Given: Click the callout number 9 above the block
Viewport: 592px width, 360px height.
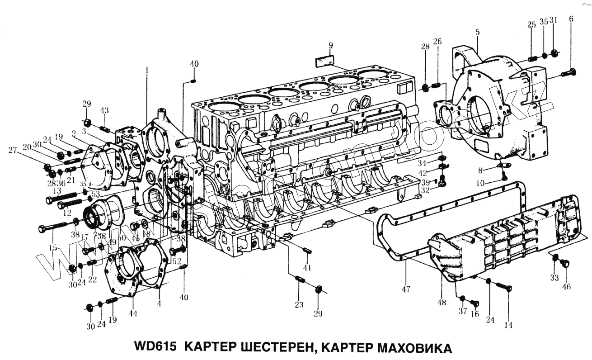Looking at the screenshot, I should click(x=330, y=45).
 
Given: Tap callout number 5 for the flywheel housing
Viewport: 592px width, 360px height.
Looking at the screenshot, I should click(x=478, y=33).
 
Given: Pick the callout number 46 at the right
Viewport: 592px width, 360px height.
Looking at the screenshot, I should click(x=566, y=287).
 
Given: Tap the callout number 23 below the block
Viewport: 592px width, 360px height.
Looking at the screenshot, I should click(x=299, y=305).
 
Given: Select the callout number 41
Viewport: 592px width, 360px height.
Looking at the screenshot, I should click(x=307, y=268).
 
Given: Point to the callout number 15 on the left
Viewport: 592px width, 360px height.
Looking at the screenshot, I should click(x=53, y=247).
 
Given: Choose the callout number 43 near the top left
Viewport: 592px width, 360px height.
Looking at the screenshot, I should click(x=104, y=111).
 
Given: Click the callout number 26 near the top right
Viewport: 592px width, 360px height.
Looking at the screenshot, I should click(x=437, y=42).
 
